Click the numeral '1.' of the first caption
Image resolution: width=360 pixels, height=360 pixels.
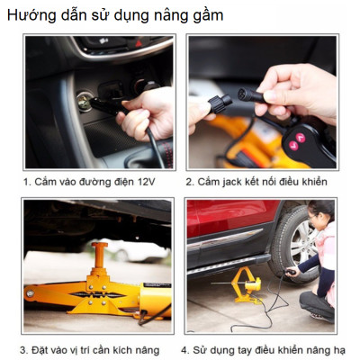(x=28, y=182)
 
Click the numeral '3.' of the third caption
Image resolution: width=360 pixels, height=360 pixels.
(x=24, y=349)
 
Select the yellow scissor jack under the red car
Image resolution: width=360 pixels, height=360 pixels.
(x=245, y=286)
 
